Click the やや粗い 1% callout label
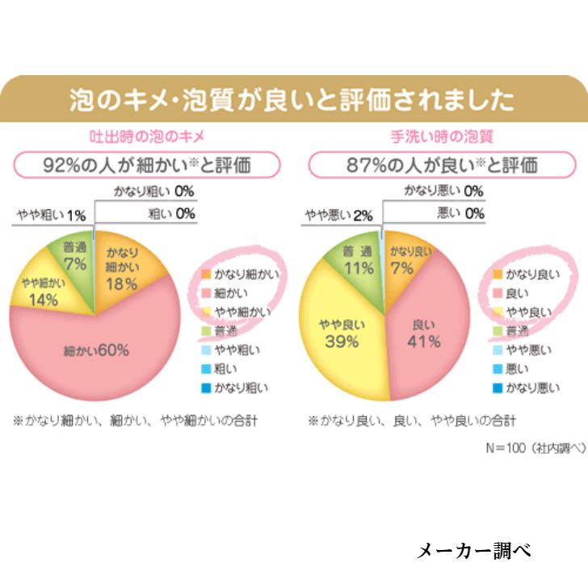[50, 216]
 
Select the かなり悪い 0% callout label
[443, 191]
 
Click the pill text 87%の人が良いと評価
[442, 166]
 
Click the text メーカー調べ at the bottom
[472, 551]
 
